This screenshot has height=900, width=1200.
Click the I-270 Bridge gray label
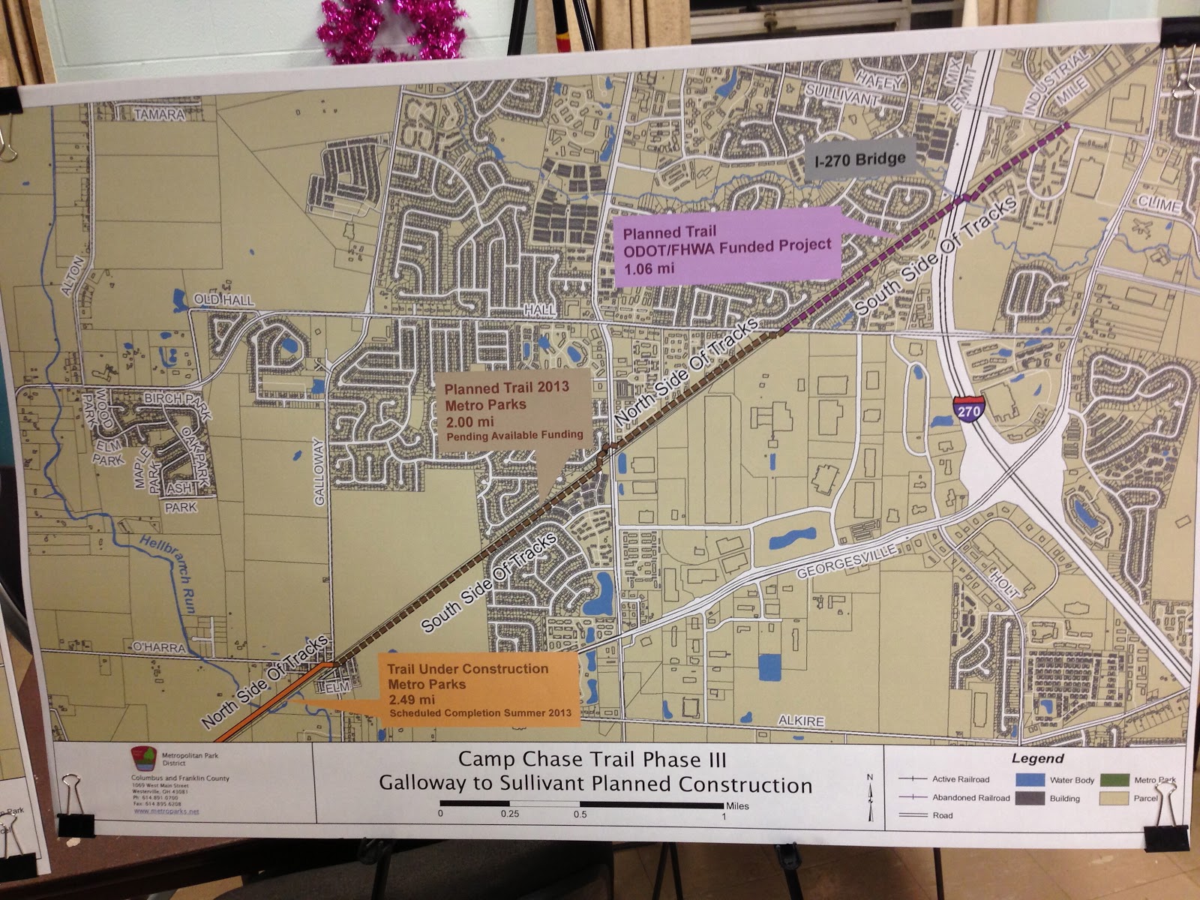860,160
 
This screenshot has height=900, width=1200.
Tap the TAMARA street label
159,115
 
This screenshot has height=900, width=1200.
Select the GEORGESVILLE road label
845,562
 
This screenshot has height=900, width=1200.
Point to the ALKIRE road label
801,721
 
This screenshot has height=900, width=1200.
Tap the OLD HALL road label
223,301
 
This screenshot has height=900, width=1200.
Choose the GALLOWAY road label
319,472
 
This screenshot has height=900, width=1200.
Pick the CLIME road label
1159,204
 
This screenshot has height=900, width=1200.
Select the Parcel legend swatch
1114,798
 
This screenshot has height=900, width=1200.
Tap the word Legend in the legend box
1037,759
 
